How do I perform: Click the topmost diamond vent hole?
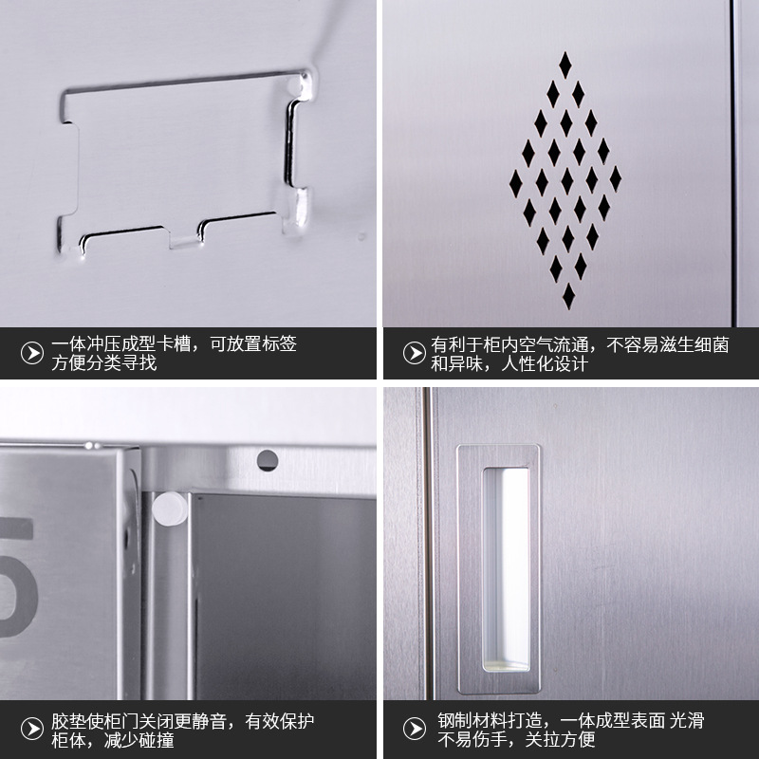click(565, 65)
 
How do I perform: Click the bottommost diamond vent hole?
click(568, 296)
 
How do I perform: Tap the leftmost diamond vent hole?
click(515, 183)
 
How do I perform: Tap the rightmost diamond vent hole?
click(615, 178)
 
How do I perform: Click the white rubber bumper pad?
click(170, 509)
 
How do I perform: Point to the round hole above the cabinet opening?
click(268, 460)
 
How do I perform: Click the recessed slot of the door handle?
click(506, 569)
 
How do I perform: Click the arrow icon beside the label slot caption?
click(32, 353)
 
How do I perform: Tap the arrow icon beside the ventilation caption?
click(415, 353)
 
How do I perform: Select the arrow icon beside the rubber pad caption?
click(32, 729)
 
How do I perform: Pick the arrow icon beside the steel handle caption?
click(415, 729)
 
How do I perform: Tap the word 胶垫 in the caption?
click(68, 721)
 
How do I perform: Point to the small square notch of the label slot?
click(183, 240)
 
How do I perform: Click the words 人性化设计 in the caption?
click(544, 363)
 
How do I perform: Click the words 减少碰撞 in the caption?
click(139, 740)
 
